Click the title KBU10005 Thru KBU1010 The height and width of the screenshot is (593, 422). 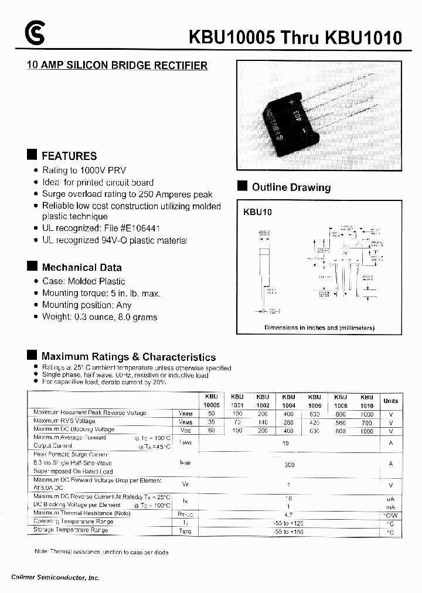pos(295,38)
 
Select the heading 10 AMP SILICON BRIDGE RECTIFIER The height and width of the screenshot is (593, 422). pos(117,66)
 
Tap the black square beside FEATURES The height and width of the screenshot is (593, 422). pos(32,155)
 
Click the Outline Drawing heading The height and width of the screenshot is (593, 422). pos(291,188)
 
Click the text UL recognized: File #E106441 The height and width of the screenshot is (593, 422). pos(101,229)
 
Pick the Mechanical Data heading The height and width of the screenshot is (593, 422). pos(81,267)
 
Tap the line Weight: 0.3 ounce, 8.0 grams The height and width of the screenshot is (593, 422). pos(100,317)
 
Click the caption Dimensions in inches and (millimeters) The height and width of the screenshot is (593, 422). pos(319,328)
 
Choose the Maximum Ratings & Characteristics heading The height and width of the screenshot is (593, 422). pos(128,356)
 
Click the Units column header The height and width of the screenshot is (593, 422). pos(390,401)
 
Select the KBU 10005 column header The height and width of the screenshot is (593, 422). pos(212,401)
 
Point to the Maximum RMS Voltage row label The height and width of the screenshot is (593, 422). pos(64,421)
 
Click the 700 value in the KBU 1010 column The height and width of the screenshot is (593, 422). pos(366,422)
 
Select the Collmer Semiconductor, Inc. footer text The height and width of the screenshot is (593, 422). pos(56,577)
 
